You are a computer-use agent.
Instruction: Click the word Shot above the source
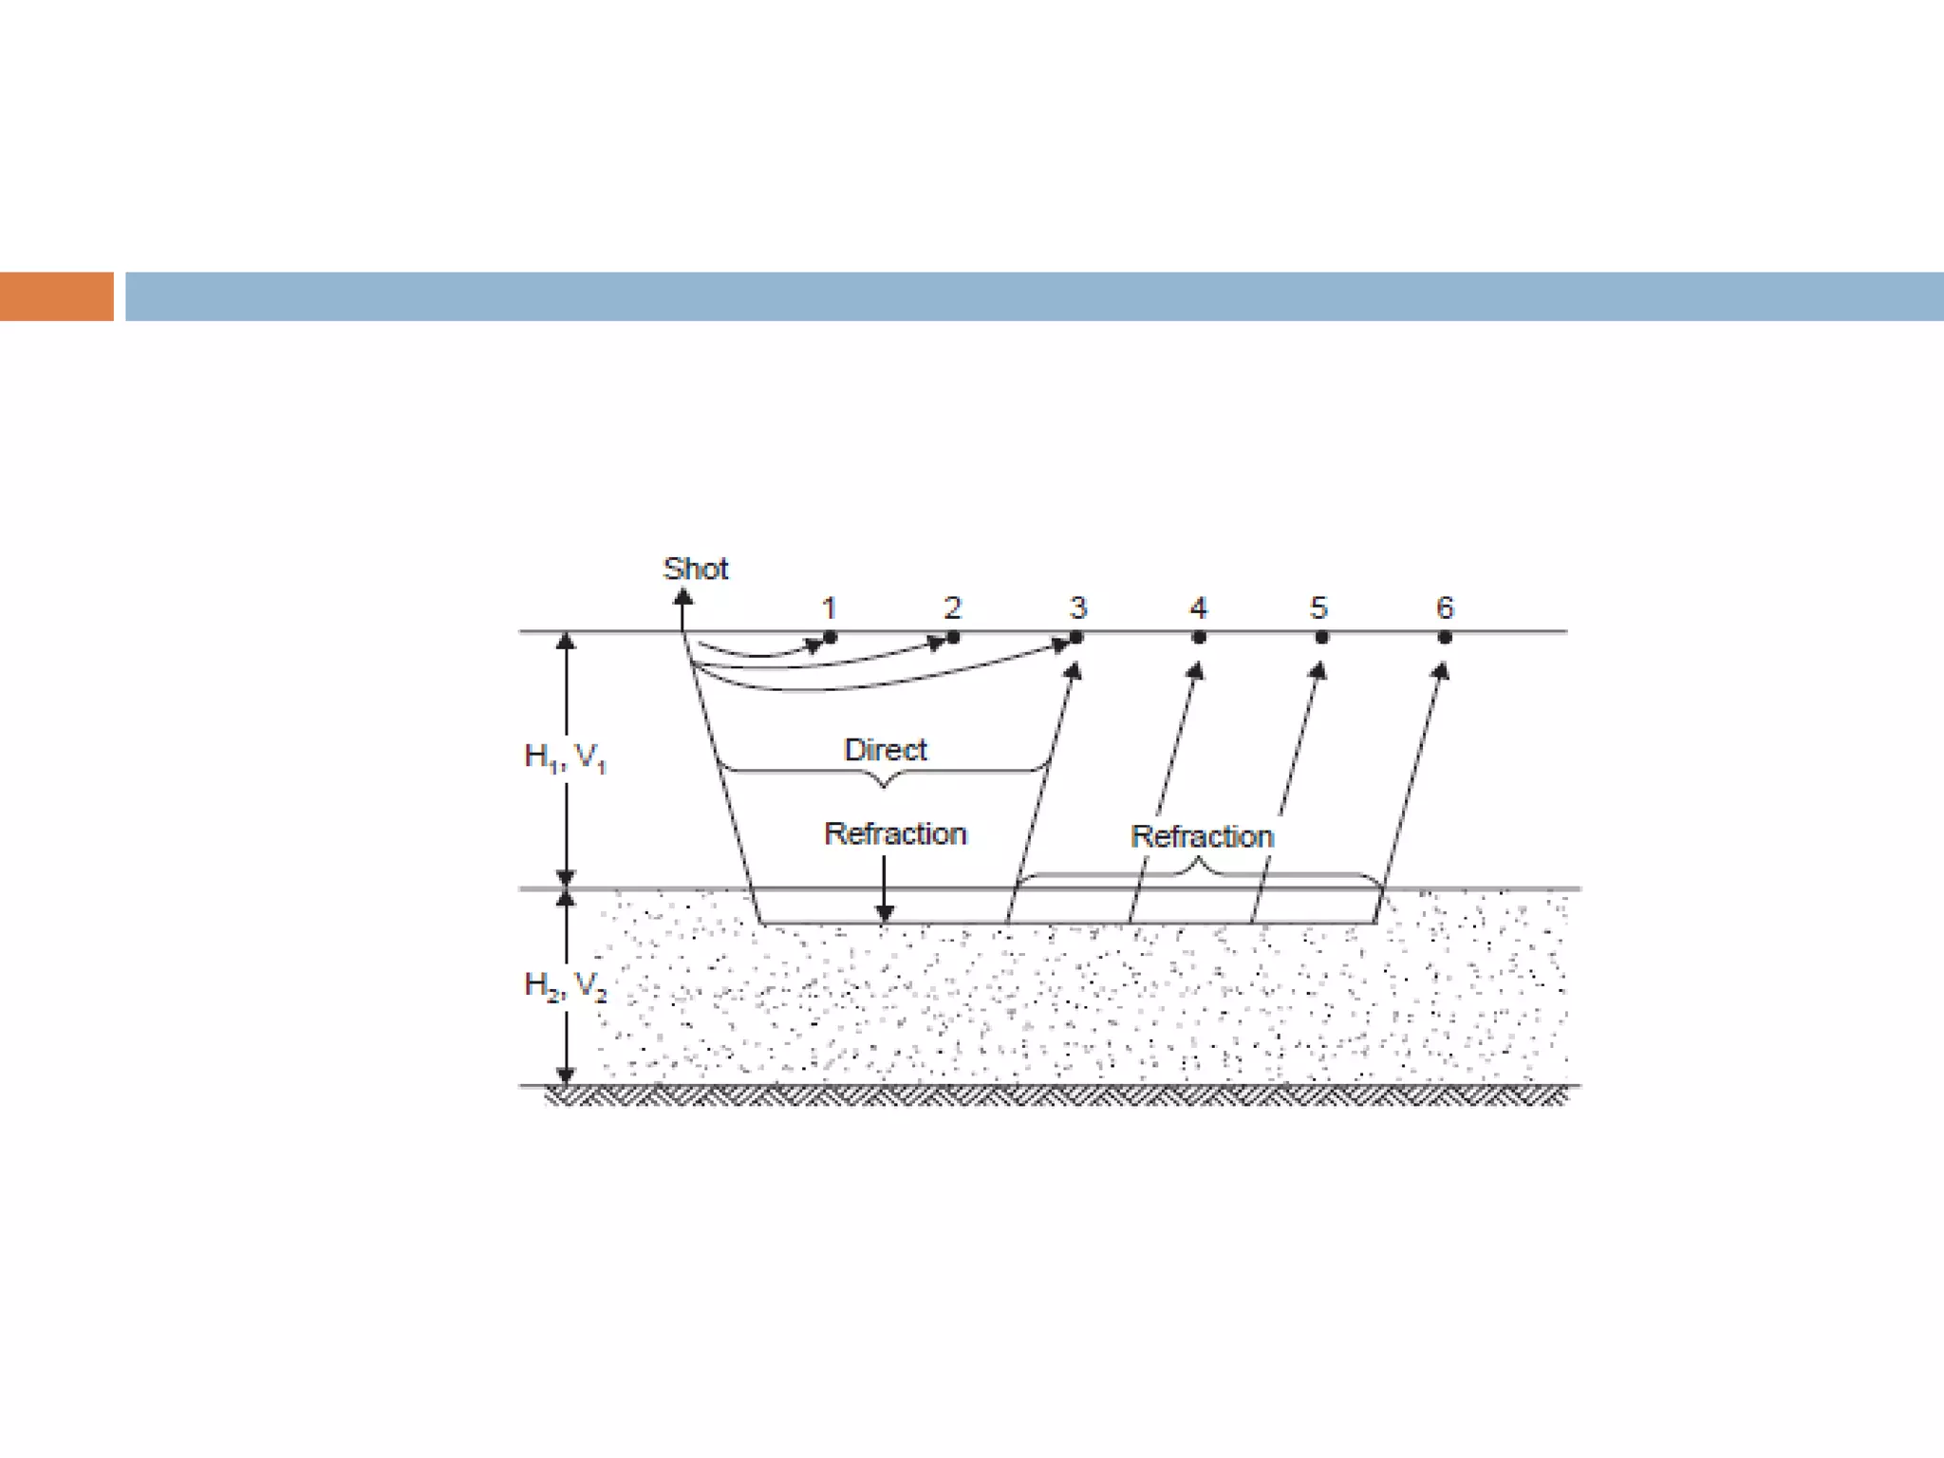click(695, 569)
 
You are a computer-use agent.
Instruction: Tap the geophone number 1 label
click(829, 607)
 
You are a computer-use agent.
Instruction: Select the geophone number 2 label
click(952, 607)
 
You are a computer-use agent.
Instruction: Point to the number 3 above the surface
click(1077, 607)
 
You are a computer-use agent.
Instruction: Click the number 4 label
click(1198, 607)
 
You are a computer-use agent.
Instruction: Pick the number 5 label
click(1318, 607)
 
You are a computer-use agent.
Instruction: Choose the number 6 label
click(1445, 607)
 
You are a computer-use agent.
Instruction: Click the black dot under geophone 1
click(831, 637)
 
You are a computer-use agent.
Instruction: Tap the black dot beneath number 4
click(1199, 637)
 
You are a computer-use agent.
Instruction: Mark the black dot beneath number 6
click(1445, 637)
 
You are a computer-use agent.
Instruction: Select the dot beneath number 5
click(1321, 637)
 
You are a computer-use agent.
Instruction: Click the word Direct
click(885, 750)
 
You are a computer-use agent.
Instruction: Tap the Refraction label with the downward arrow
click(895, 833)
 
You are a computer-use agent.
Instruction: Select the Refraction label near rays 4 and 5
click(1202, 836)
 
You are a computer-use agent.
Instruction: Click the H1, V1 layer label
click(565, 757)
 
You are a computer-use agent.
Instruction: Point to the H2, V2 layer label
click(565, 985)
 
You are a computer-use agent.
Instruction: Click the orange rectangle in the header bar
click(56, 296)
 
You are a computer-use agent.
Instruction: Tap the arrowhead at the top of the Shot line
click(682, 597)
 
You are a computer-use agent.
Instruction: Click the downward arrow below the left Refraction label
click(884, 911)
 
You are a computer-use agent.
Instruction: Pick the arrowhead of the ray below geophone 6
click(1441, 671)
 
